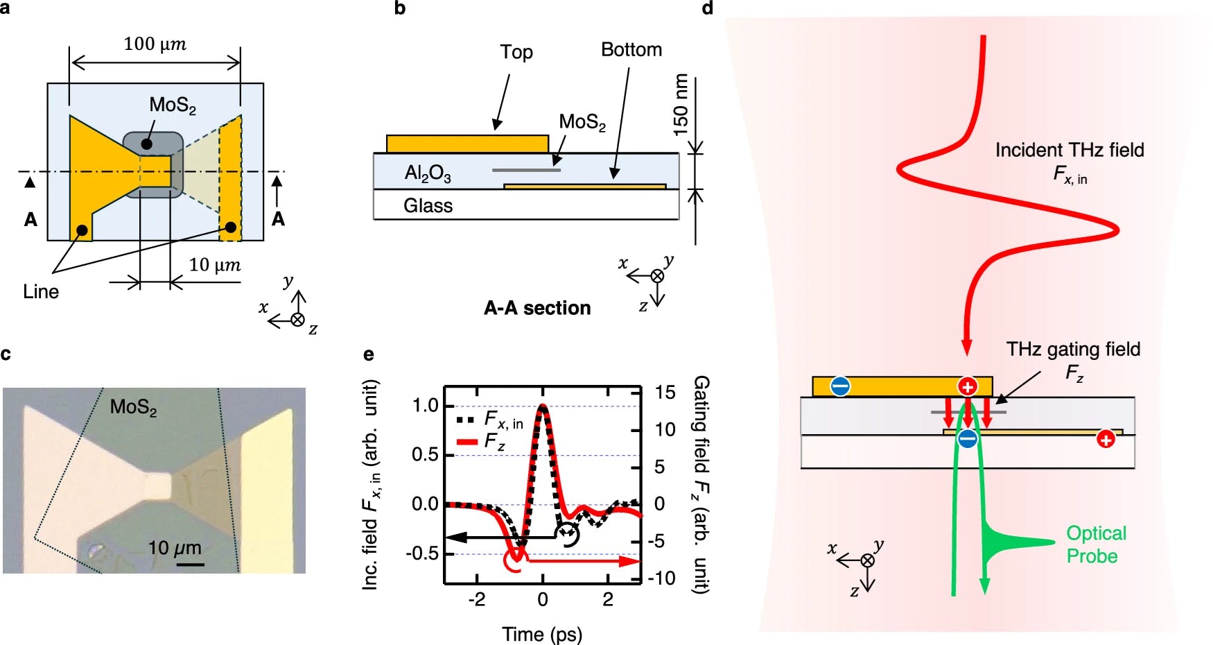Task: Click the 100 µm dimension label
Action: click(x=155, y=44)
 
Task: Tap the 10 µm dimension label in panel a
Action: click(x=215, y=265)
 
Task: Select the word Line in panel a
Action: click(x=41, y=292)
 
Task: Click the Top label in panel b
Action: click(x=516, y=52)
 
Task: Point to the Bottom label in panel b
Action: click(x=631, y=50)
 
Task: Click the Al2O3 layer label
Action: click(x=428, y=173)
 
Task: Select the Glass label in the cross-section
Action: click(x=428, y=206)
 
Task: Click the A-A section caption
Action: click(x=537, y=308)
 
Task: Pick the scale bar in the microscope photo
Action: click(x=190, y=565)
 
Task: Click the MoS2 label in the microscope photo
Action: click(x=133, y=407)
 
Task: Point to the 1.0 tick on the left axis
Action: click(x=425, y=406)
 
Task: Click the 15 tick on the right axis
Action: click(x=665, y=393)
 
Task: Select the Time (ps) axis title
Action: click(x=542, y=635)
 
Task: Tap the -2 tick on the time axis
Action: click(x=477, y=600)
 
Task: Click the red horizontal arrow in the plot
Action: click(x=582, y=561)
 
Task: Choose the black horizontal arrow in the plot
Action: click(x=499, y=537)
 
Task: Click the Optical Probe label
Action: click(x=1096, y=544)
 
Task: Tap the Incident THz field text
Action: click(x=1070, y=150)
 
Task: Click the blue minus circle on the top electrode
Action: click(x=840, y=386)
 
